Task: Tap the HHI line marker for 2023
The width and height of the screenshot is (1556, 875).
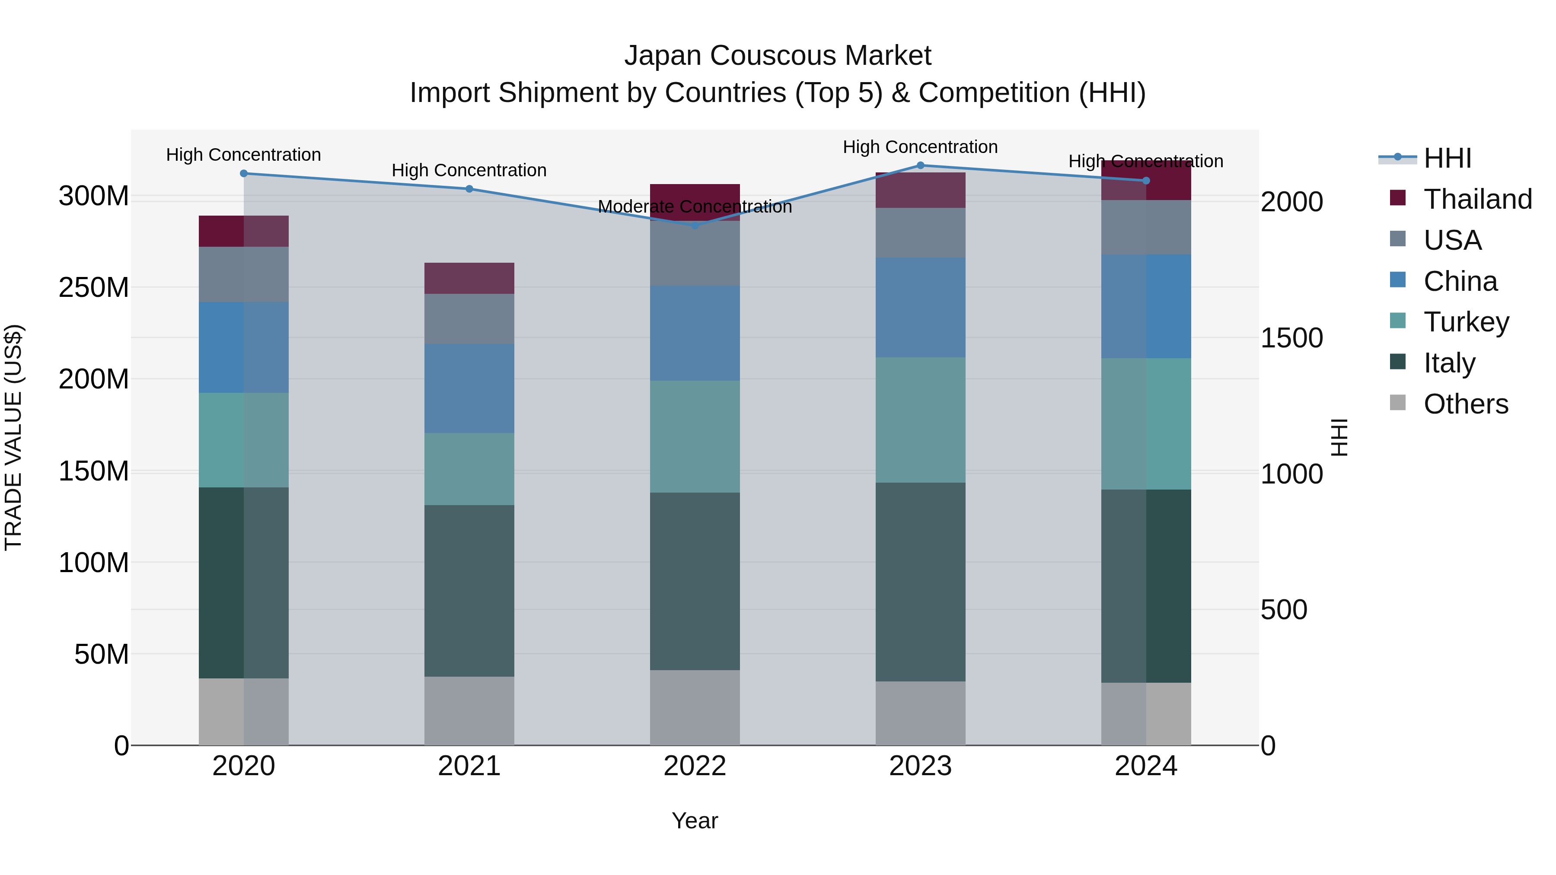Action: point(921,165)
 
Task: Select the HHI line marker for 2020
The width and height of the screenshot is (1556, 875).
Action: point(244,173)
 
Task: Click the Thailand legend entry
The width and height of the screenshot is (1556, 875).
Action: point(1477,199)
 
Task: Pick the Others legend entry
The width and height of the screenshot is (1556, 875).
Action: point(1465,404)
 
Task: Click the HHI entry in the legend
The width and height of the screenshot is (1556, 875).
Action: point(1447,158)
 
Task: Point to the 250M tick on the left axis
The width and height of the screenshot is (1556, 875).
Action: point(94,287)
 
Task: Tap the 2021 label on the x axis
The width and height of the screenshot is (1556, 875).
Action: point(469,766)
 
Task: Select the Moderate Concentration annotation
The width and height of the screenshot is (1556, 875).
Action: point(695,207)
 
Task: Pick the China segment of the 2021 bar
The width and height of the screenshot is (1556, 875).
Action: point(469,388)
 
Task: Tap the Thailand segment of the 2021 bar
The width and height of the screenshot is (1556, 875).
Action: point(469,278)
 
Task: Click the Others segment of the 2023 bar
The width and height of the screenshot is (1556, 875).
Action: point(921,713)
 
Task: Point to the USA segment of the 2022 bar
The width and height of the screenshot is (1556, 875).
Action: point(695,254)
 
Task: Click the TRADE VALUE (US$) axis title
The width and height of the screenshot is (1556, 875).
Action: point(13,437)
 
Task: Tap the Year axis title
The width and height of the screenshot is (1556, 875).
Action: point(695,821)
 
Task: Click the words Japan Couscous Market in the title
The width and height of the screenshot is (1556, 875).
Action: point(778,56)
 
